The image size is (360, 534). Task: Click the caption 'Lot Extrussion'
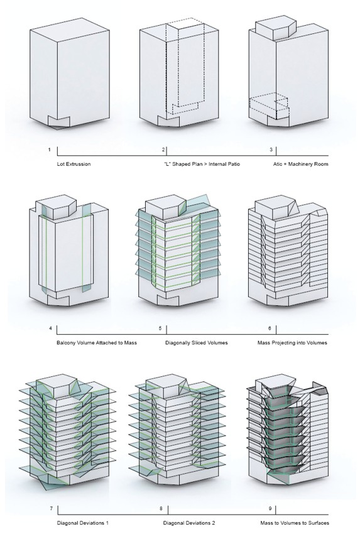tap(74, 164)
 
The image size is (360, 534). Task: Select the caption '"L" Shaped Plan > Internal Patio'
tap(202, 164)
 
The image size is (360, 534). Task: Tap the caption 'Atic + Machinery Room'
tap(301, 164)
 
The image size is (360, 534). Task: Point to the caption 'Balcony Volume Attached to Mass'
tap(97, 342)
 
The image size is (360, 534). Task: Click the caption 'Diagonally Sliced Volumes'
tap(197, 342)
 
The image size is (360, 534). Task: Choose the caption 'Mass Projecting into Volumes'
tap(292, 342)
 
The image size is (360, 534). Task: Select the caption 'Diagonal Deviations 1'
tap(83, 523)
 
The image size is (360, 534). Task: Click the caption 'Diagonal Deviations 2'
tap(189, 523)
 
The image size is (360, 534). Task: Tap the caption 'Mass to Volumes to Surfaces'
tap(295, 523)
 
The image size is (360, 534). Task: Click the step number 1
tap(50, 150)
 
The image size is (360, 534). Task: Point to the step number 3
tap(271, 150)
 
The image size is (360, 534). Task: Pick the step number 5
tap(160, 329)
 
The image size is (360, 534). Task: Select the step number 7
tap(52, 509)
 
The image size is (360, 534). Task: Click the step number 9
tap(270, 509)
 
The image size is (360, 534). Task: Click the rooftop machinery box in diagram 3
tap(275, 29)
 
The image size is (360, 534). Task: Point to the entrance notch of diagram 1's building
tap(58, 123)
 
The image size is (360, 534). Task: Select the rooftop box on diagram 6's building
tap(275, 207)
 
